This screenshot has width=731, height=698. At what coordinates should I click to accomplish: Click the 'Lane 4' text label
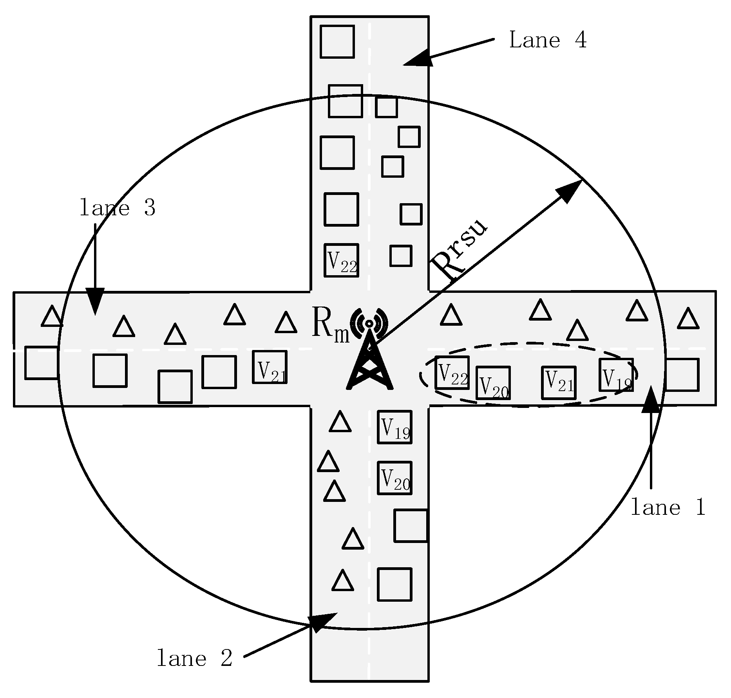click(x=547, y=40)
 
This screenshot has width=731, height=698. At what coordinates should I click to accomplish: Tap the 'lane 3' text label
click(x=118, y=208)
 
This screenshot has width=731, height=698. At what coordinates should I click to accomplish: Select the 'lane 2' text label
click(x=195, y=658)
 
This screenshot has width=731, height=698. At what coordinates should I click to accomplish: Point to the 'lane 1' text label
click(x=668, y=508)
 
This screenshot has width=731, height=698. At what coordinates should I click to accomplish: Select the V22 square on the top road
click(x=341, y=260)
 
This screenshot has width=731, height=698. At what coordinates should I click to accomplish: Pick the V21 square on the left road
click(x=270, y=367)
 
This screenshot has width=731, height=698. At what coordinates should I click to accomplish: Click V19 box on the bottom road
click(x=394, y=427)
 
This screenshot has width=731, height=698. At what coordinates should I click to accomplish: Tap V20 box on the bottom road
click(x=394, y=478)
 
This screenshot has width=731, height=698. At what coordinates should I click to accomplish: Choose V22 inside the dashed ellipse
click(x=452, y=373)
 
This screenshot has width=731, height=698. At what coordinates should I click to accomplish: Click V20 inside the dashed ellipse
click(x=493, y=383)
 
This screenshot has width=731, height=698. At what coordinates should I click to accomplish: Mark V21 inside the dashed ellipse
click(x=559, y=383)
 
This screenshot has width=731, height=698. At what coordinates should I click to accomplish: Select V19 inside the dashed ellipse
click(x=616, y=375)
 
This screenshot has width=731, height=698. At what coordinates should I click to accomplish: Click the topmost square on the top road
click(x=337, y=41)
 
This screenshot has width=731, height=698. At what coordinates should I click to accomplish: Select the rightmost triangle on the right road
click(x=688, y=319)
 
